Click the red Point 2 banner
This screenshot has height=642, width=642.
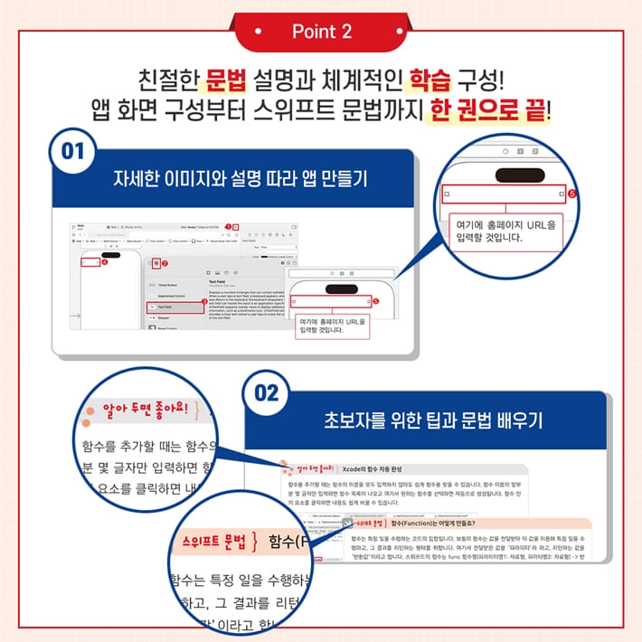coord(321,31)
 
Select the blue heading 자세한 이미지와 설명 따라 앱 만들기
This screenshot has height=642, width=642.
coord(247,175)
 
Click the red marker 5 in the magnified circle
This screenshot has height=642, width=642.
coord(571,194)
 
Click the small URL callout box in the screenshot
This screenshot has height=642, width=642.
coord(332,326)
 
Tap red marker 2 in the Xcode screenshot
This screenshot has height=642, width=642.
coord(165,263)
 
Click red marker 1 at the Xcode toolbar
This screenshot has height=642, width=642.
coord(230,227)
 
